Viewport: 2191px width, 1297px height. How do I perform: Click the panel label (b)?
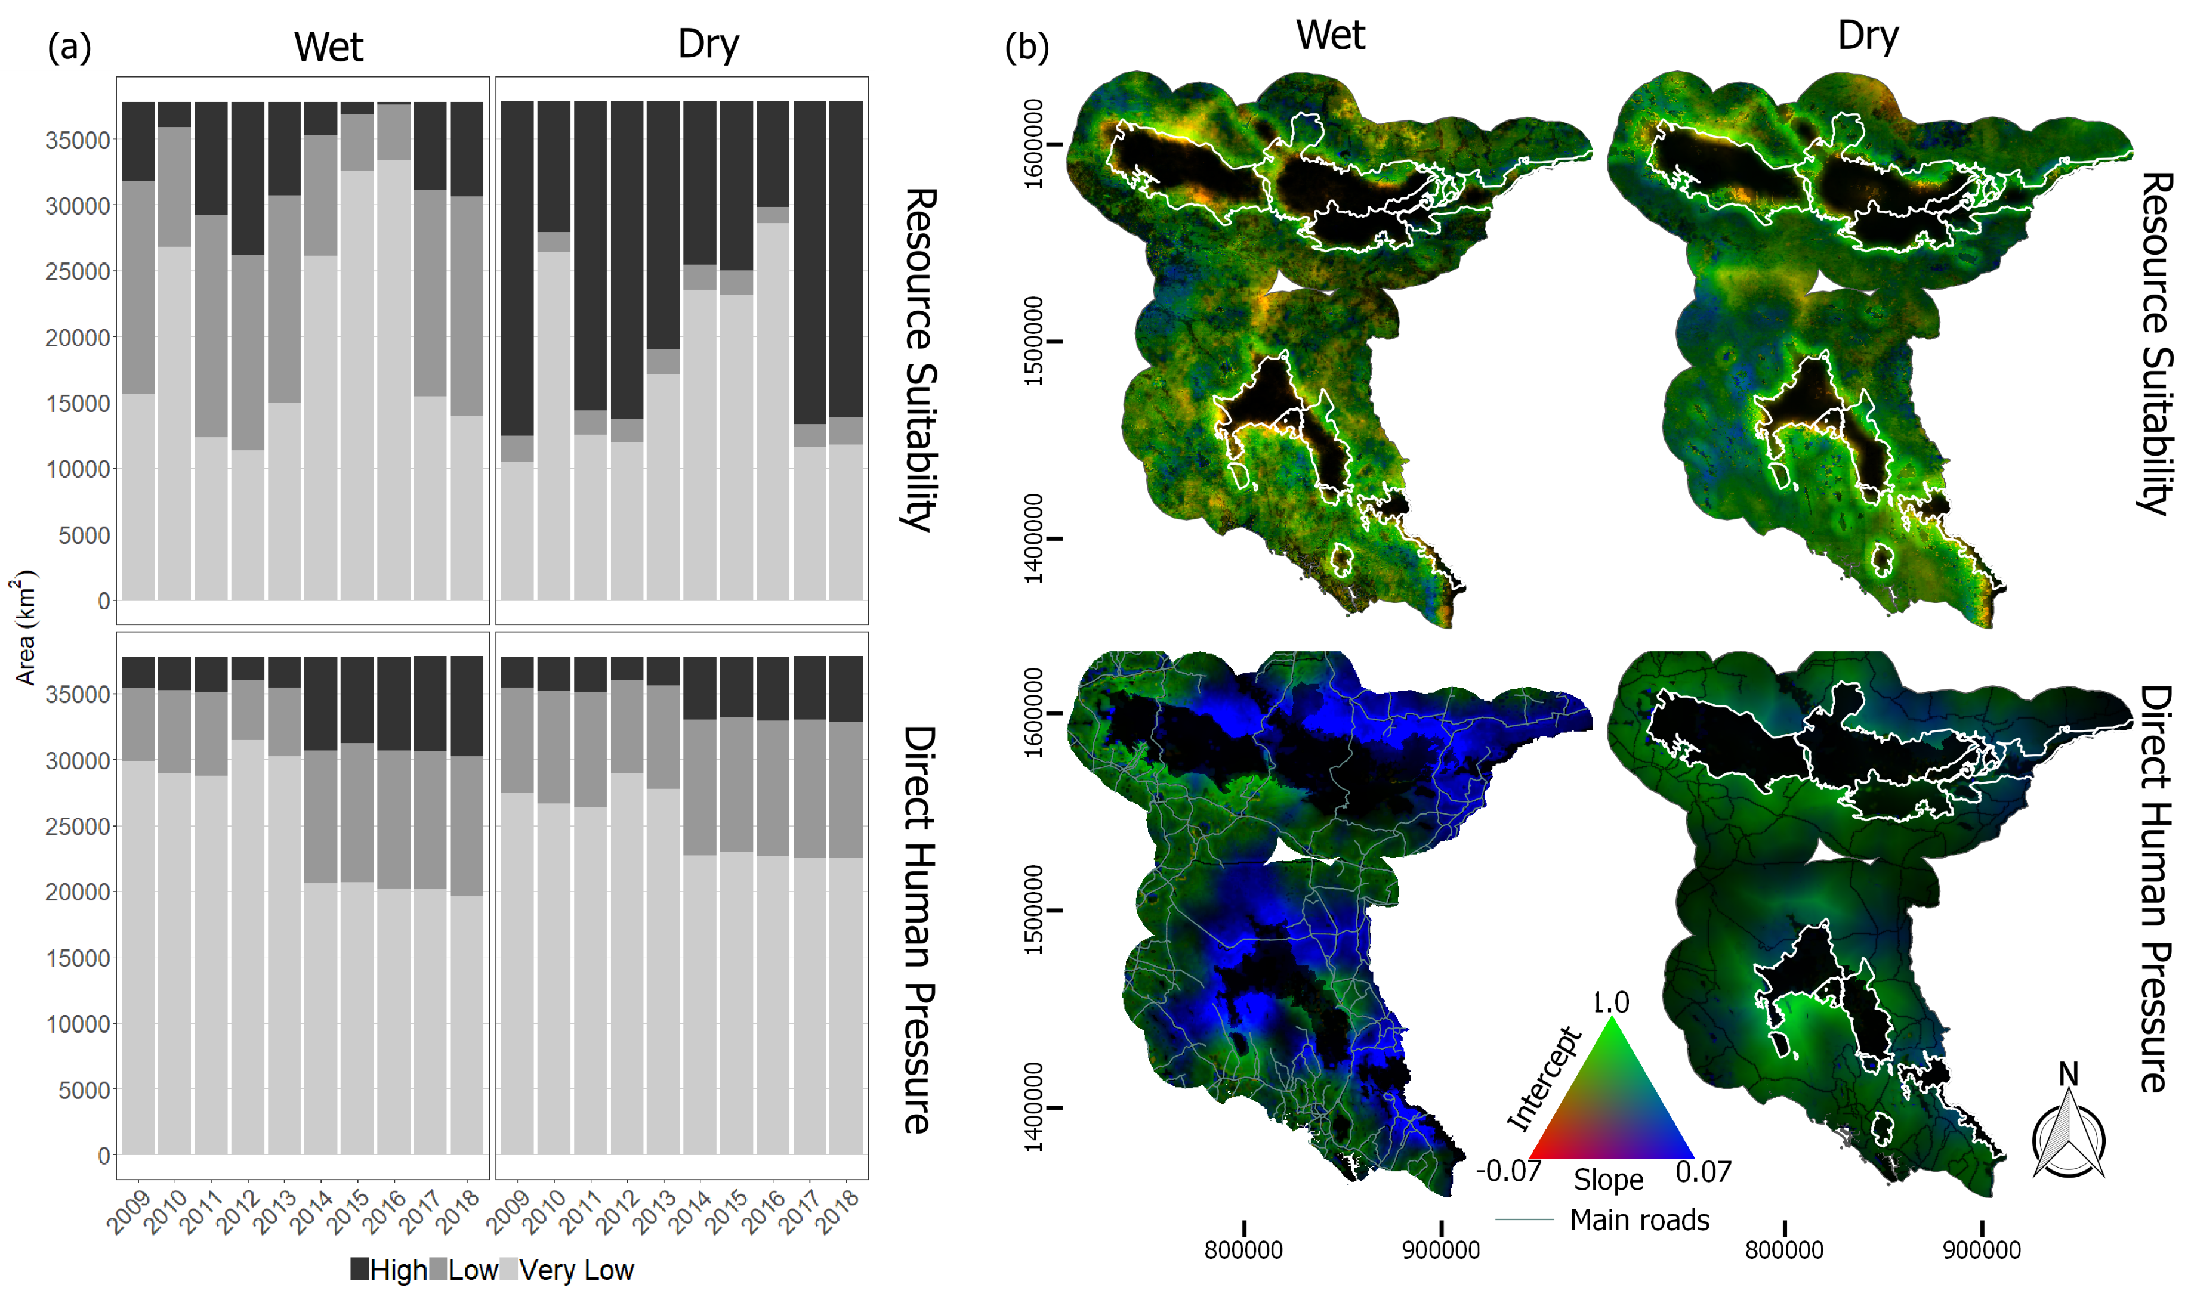pyautogui.click(x=1026, y=47)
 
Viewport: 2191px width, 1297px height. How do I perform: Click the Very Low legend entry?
pyautogui.click(x=575, y=1270)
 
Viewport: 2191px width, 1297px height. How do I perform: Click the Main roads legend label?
pyautogui.click(x=1638, y=1219)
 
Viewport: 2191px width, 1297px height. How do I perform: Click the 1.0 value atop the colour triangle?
pyautogui.click(x=1610, y=1002)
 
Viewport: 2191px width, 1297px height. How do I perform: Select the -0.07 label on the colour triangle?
pyautogui.click(x=1508, y=1170)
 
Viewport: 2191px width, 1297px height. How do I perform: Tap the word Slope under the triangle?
pyautogui.click(x=1608, y=1180)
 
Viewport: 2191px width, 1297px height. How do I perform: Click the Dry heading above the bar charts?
pyautogui.click(x=708, y=44)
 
